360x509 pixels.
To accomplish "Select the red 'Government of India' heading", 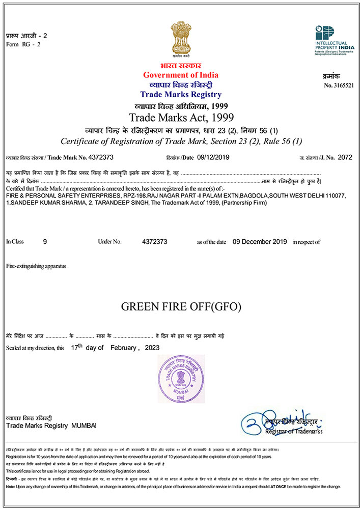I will click(180, 75).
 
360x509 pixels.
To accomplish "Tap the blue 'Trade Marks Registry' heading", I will click(180, 95).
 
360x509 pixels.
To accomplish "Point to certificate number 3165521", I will click(343, 85).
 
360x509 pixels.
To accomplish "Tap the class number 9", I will click(45, 242).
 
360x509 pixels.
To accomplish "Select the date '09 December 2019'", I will click(259, 242).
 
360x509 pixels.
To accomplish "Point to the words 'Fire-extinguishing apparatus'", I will click(36, 266).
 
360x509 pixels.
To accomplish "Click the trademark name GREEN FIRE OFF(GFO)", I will click(181, 307).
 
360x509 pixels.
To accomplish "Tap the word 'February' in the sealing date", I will click(122, 348).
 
